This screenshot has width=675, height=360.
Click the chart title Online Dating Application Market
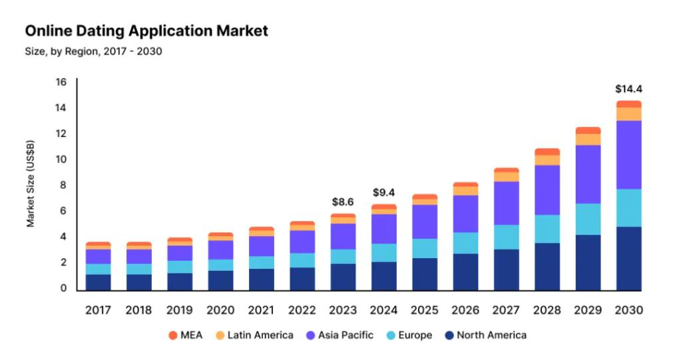click(146, 31)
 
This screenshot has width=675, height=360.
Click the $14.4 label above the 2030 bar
click(628, 89)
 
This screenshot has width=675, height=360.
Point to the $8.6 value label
click(343, 201)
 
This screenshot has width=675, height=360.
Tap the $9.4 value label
click(384, 192)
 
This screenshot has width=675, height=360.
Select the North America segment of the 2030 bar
click(628, 259)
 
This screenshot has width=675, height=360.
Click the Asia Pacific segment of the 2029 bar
click(588, 174)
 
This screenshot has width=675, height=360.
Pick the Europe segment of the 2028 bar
click(547, 228)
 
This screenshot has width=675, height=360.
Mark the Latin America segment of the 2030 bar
click(628, 114)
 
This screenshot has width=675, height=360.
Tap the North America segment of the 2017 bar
click(98, 283)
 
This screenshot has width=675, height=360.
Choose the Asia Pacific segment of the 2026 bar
click(465, 213)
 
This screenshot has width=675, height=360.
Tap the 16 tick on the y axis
click(61, 83)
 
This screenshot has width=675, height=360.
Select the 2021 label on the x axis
click(262, 310)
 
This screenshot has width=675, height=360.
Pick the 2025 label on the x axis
click(425, 310)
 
